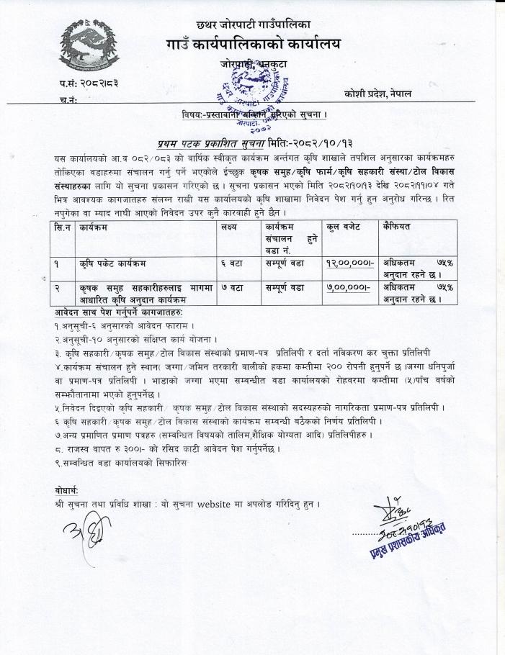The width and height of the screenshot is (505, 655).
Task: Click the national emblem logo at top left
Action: (x=90, y=47)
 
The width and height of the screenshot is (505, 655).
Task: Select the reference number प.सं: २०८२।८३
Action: (x=89, y=83)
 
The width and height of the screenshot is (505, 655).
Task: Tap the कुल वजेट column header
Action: (x=346, y=227)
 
